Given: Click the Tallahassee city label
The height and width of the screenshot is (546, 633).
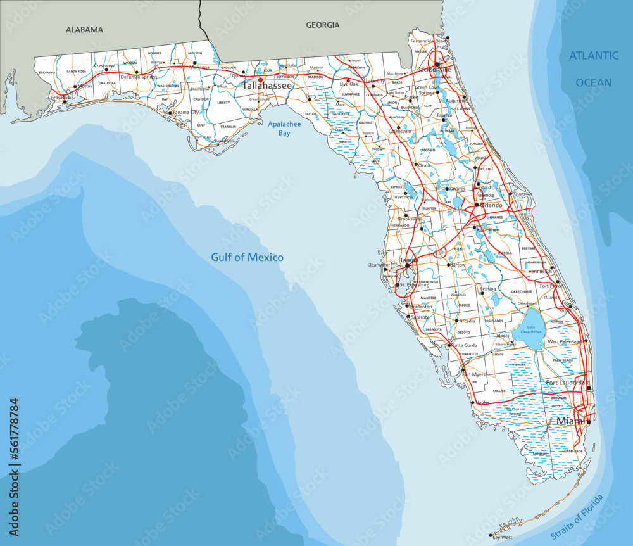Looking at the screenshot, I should pos(268,86).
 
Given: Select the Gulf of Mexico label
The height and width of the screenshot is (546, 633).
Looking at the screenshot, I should pos(247,258).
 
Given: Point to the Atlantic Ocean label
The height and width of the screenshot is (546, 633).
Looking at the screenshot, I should pos(593,68).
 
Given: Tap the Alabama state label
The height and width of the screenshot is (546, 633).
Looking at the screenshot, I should pos(84,29).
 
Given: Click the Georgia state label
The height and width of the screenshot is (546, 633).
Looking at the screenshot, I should pos(322,25).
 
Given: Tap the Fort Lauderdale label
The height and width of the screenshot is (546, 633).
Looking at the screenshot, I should pos(566,383).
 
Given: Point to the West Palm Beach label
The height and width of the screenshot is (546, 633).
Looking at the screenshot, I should pos(566,342).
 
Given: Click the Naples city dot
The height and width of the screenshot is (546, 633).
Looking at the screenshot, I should pos(472,402).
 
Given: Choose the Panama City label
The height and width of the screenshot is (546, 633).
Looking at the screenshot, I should pos(186,113).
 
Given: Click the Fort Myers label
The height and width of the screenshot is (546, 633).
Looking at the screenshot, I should pos(474,374).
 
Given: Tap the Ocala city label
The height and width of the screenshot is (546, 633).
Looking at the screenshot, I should pos(423,165).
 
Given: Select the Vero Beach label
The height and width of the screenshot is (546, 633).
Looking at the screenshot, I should pos(540,271).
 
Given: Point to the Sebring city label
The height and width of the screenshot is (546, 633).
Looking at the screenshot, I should pos(488,289).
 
